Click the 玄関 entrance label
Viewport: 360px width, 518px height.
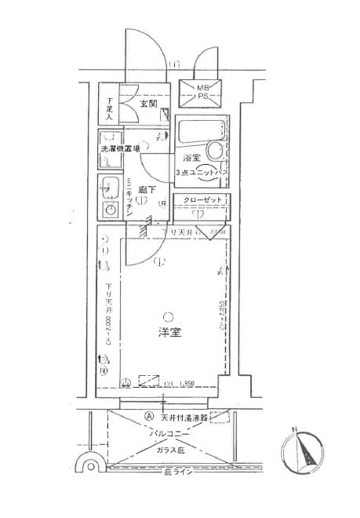pyautogui.click(x=150, y=103)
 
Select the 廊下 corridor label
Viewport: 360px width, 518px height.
pyautogui.click(x=145, y=189)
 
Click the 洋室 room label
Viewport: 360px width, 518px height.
pyautogui.click(x=170, y=333)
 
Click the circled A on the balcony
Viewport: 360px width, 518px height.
pyautogui.click(x=147, y=418)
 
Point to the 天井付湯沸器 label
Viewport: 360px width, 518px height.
pyautogui.click(x=183, y=418)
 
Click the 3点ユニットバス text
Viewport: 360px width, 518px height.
pyautogui.click(x=201, y=172)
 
